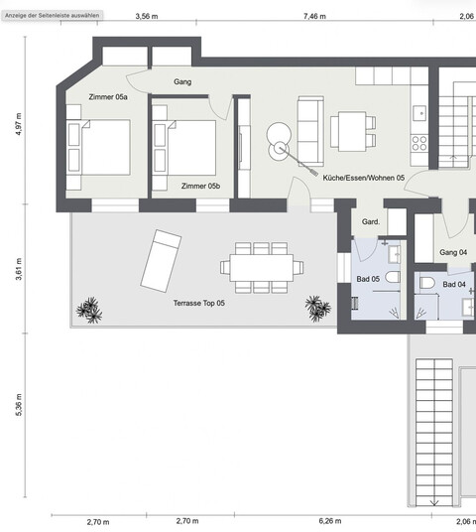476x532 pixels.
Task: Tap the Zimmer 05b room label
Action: click(x=201, y=186)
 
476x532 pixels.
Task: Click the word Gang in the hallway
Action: click(x=181, y=82)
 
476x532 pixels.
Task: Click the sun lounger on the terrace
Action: click(x=160, y=258)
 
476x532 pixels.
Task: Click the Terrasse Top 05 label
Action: click(x=199, y=302)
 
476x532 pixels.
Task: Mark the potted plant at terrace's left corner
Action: click(x=89, y=311)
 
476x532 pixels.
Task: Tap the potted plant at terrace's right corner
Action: click(x=318, y=309)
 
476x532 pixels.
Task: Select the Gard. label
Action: click(x=372, y=221)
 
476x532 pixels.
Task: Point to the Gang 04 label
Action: click(x=452, y=252)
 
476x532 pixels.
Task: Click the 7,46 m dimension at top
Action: click(x=313, y=17)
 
